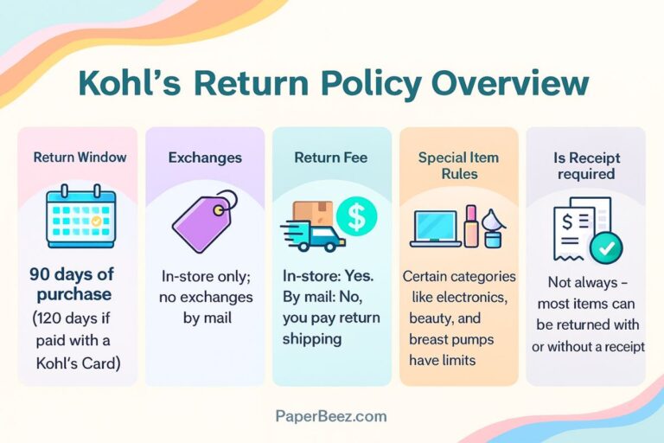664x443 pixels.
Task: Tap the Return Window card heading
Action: click(80, 157)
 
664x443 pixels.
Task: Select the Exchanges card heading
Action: click(205, 157)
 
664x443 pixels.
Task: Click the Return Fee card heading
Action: click(331, 157)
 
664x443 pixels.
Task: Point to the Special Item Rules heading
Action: click(457, 165)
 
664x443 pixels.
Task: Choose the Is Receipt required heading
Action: click(584, 165)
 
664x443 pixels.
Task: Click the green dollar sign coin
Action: click(356, 215)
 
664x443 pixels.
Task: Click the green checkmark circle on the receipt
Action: click(605, 249)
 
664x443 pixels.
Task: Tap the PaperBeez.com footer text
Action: click(331, 416)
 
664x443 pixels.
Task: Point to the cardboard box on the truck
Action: click(312, 214)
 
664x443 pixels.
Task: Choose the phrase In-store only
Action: click(205, 277)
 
